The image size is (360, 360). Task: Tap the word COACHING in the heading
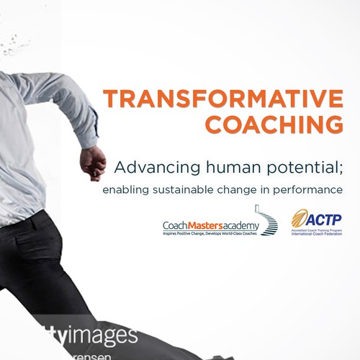pos(273,123)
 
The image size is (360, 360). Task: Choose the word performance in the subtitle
pos(307,191)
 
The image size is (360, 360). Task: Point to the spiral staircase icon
pos(269,224)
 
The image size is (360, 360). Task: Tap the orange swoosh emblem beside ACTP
pos(299,218)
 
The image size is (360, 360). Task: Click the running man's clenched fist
pos(93,163)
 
